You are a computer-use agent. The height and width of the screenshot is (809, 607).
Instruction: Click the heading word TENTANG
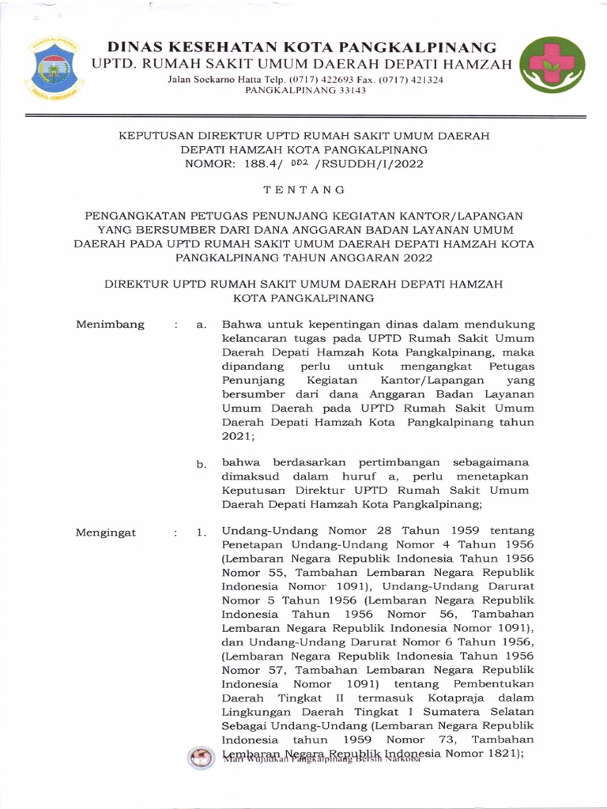click(x=303, y=190)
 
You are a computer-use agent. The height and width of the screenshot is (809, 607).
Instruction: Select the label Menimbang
click(x=110, y=324)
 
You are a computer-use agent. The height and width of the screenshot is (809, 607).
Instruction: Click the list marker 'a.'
click(x=202, y=325)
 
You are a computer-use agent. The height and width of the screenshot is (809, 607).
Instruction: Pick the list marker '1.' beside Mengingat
click(x=202, y=533)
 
